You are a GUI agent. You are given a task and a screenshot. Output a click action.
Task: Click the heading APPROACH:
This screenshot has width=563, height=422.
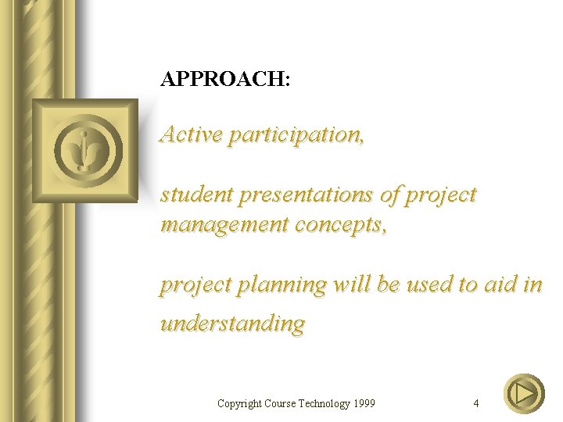tap(225, 79)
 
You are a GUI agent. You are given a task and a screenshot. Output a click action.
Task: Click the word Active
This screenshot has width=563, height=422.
tap(190, 134)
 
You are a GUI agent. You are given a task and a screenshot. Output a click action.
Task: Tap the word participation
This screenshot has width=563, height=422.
tap(296, 135)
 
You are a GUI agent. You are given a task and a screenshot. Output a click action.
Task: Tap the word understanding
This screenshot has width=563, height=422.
tap(232, 324)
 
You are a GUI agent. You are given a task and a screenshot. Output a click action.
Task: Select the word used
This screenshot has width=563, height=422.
tap(429, 284)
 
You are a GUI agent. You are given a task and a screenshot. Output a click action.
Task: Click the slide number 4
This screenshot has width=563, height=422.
tap(476, 403)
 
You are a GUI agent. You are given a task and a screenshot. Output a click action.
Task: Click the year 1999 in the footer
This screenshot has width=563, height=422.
tap(363, 403)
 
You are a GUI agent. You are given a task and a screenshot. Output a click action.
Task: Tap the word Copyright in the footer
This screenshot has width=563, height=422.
tap(239, 403)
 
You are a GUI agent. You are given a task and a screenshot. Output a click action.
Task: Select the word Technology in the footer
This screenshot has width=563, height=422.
tap(322, 403)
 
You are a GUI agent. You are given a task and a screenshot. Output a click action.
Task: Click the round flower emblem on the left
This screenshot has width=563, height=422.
tap(85, 150)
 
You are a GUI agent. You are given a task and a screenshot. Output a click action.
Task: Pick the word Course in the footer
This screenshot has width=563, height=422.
tap(279, 403)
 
